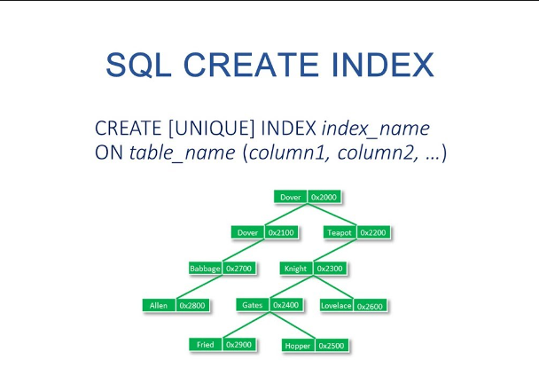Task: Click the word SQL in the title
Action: coord(138,66)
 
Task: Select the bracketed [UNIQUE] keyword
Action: coord(211,129)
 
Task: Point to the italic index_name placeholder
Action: coord(375,129)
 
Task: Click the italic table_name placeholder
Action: coord(183,153)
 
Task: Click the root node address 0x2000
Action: coord(324,197)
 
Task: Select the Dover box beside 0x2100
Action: coord(247,233)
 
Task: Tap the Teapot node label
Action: coord(340,233)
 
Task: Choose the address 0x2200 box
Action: coord(373,233)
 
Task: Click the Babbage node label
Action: coord(205,269)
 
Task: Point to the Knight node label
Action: coord(295,269)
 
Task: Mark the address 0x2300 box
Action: coord(330,269)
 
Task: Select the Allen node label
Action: coord(159,305)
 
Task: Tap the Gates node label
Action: coord(253,305)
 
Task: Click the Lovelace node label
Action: coord(336,306)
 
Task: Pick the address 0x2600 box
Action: coord(370,306)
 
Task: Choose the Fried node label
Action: coord(205,345)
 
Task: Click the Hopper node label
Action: coord(298,346)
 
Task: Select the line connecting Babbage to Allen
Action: coord(199,286)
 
